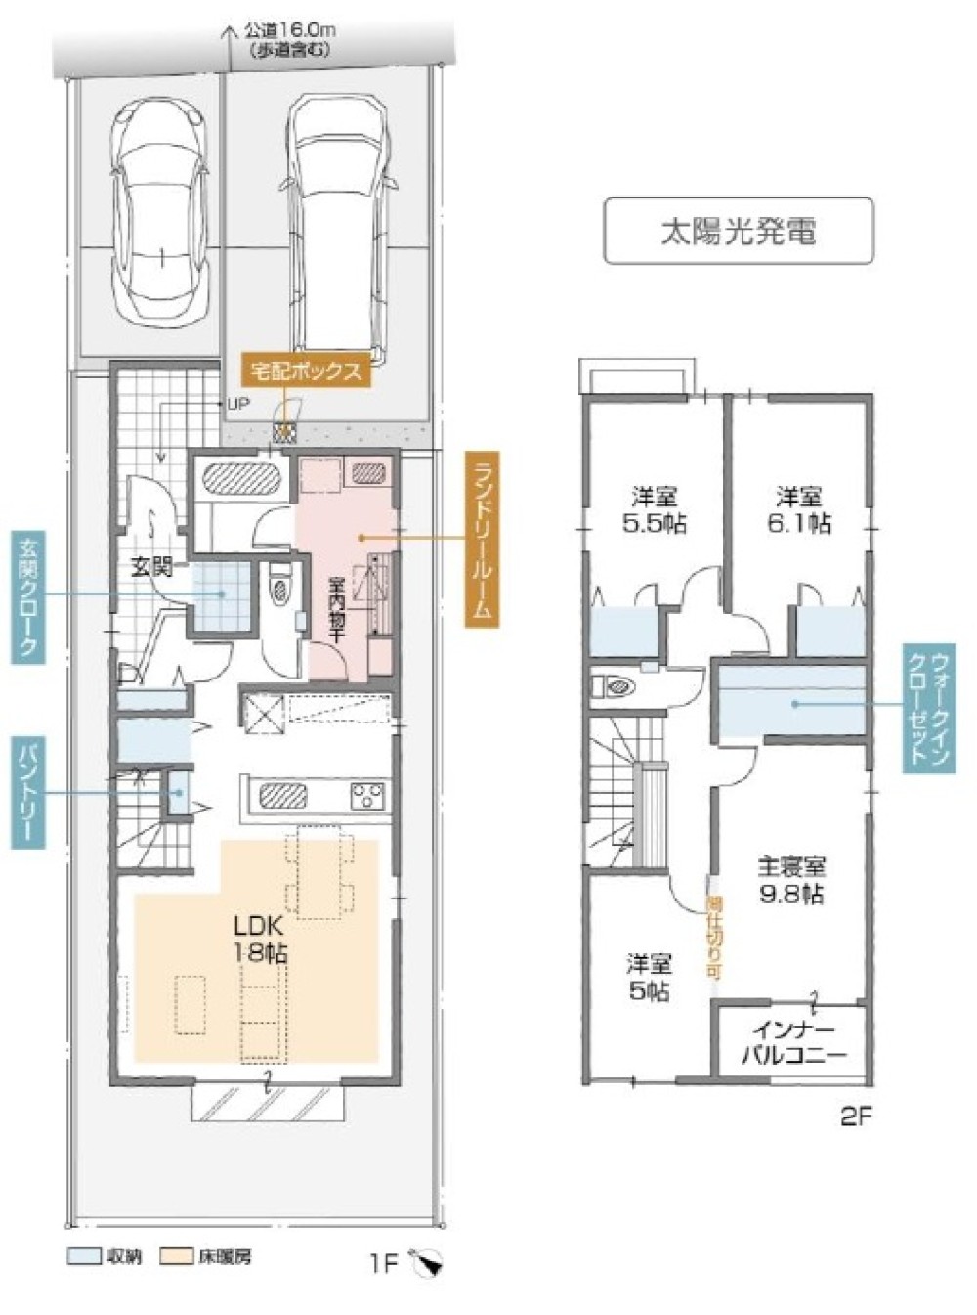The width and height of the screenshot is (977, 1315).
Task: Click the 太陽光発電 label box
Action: pyautogui.click(x=738, y=231)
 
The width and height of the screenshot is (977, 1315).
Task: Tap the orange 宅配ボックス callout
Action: pyautogui.click(x=307, y=372)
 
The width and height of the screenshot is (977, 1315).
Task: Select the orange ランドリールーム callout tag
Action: pyautogui.click(x=480, y=537)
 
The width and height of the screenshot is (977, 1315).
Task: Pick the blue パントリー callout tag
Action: pyautogui.click(x=27, y=792)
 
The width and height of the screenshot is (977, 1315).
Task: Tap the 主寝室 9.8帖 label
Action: pyautogui.click(x=791, y=880)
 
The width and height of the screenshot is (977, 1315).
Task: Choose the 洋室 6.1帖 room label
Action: pyautogui.click(x=798, y=510)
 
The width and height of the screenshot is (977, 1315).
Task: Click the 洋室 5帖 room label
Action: pyautogui.click(x=649, y=977)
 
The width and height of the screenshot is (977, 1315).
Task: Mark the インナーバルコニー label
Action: pyautogui.click(x=792, y=1043)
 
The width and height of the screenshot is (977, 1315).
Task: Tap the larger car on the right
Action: pyautogui.click(x=339, y=225)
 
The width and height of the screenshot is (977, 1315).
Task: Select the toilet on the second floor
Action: pyautogui.click(x=616, y=686)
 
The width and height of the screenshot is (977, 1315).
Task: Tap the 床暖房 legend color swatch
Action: pyautogui.click(x=176, y=1256)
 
